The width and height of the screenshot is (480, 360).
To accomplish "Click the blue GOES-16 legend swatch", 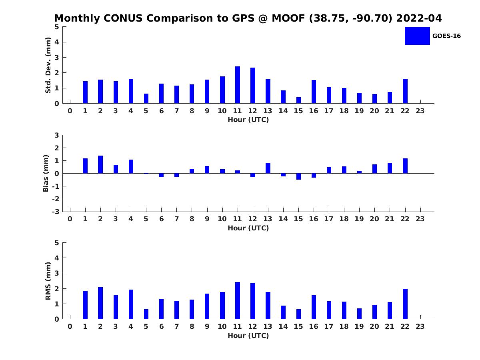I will (417, 36).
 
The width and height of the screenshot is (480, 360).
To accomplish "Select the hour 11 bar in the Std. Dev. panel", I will (238, 85).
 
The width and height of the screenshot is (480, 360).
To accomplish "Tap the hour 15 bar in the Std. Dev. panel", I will (298, 100).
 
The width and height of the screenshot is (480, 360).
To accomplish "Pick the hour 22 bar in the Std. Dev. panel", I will (405, 91).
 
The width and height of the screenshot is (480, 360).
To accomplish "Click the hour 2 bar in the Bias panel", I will (100, 164).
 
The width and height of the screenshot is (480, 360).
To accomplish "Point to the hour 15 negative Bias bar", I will (298, 176).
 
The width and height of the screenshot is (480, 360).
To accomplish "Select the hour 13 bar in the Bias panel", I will (268, 168).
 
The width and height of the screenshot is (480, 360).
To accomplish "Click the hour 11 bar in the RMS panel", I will (238, 300).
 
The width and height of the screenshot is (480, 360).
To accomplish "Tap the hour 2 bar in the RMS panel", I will (100, 303).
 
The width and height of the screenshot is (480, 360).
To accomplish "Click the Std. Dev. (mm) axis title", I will (48, 65).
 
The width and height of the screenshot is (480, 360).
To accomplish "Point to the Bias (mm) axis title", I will (46, 173).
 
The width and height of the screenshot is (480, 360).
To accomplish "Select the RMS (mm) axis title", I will (48, 281).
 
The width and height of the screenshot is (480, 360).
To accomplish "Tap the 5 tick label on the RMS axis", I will (57, 243).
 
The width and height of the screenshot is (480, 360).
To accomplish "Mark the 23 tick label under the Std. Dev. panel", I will (420, 111).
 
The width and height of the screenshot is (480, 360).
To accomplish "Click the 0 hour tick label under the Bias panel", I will (70, 219).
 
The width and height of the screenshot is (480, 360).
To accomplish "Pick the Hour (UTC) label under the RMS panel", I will (248, 336).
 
